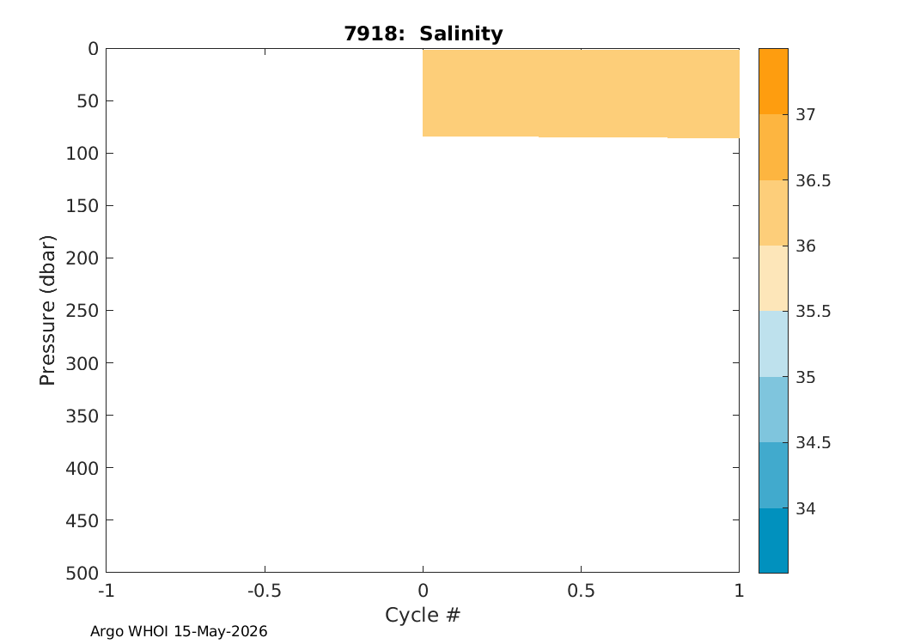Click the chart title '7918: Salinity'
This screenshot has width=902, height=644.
point(424,33)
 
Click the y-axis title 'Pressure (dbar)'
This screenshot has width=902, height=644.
point(47,311)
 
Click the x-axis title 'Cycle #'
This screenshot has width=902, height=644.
point(423,615)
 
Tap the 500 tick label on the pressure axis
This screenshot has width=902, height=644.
point(82,574)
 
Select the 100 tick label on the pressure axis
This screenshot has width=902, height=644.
point(82,154)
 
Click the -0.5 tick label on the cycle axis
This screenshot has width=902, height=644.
point(265,591)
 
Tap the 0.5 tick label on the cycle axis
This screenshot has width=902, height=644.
point(581,591)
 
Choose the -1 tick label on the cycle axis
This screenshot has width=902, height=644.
point(106,591)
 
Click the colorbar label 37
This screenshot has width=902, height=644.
point(806,115)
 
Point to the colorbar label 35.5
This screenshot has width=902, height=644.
point(813,312)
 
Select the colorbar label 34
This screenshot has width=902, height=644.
point(806,509)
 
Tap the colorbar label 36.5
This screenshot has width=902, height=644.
point(813,181)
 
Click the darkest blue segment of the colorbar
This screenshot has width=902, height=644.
point(773,540)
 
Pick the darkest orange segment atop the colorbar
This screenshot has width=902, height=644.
point(773,82)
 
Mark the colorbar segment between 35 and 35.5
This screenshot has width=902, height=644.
point(773,343)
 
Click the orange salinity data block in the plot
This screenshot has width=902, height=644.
point(581,94)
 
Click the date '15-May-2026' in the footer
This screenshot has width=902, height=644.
point(220,631)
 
